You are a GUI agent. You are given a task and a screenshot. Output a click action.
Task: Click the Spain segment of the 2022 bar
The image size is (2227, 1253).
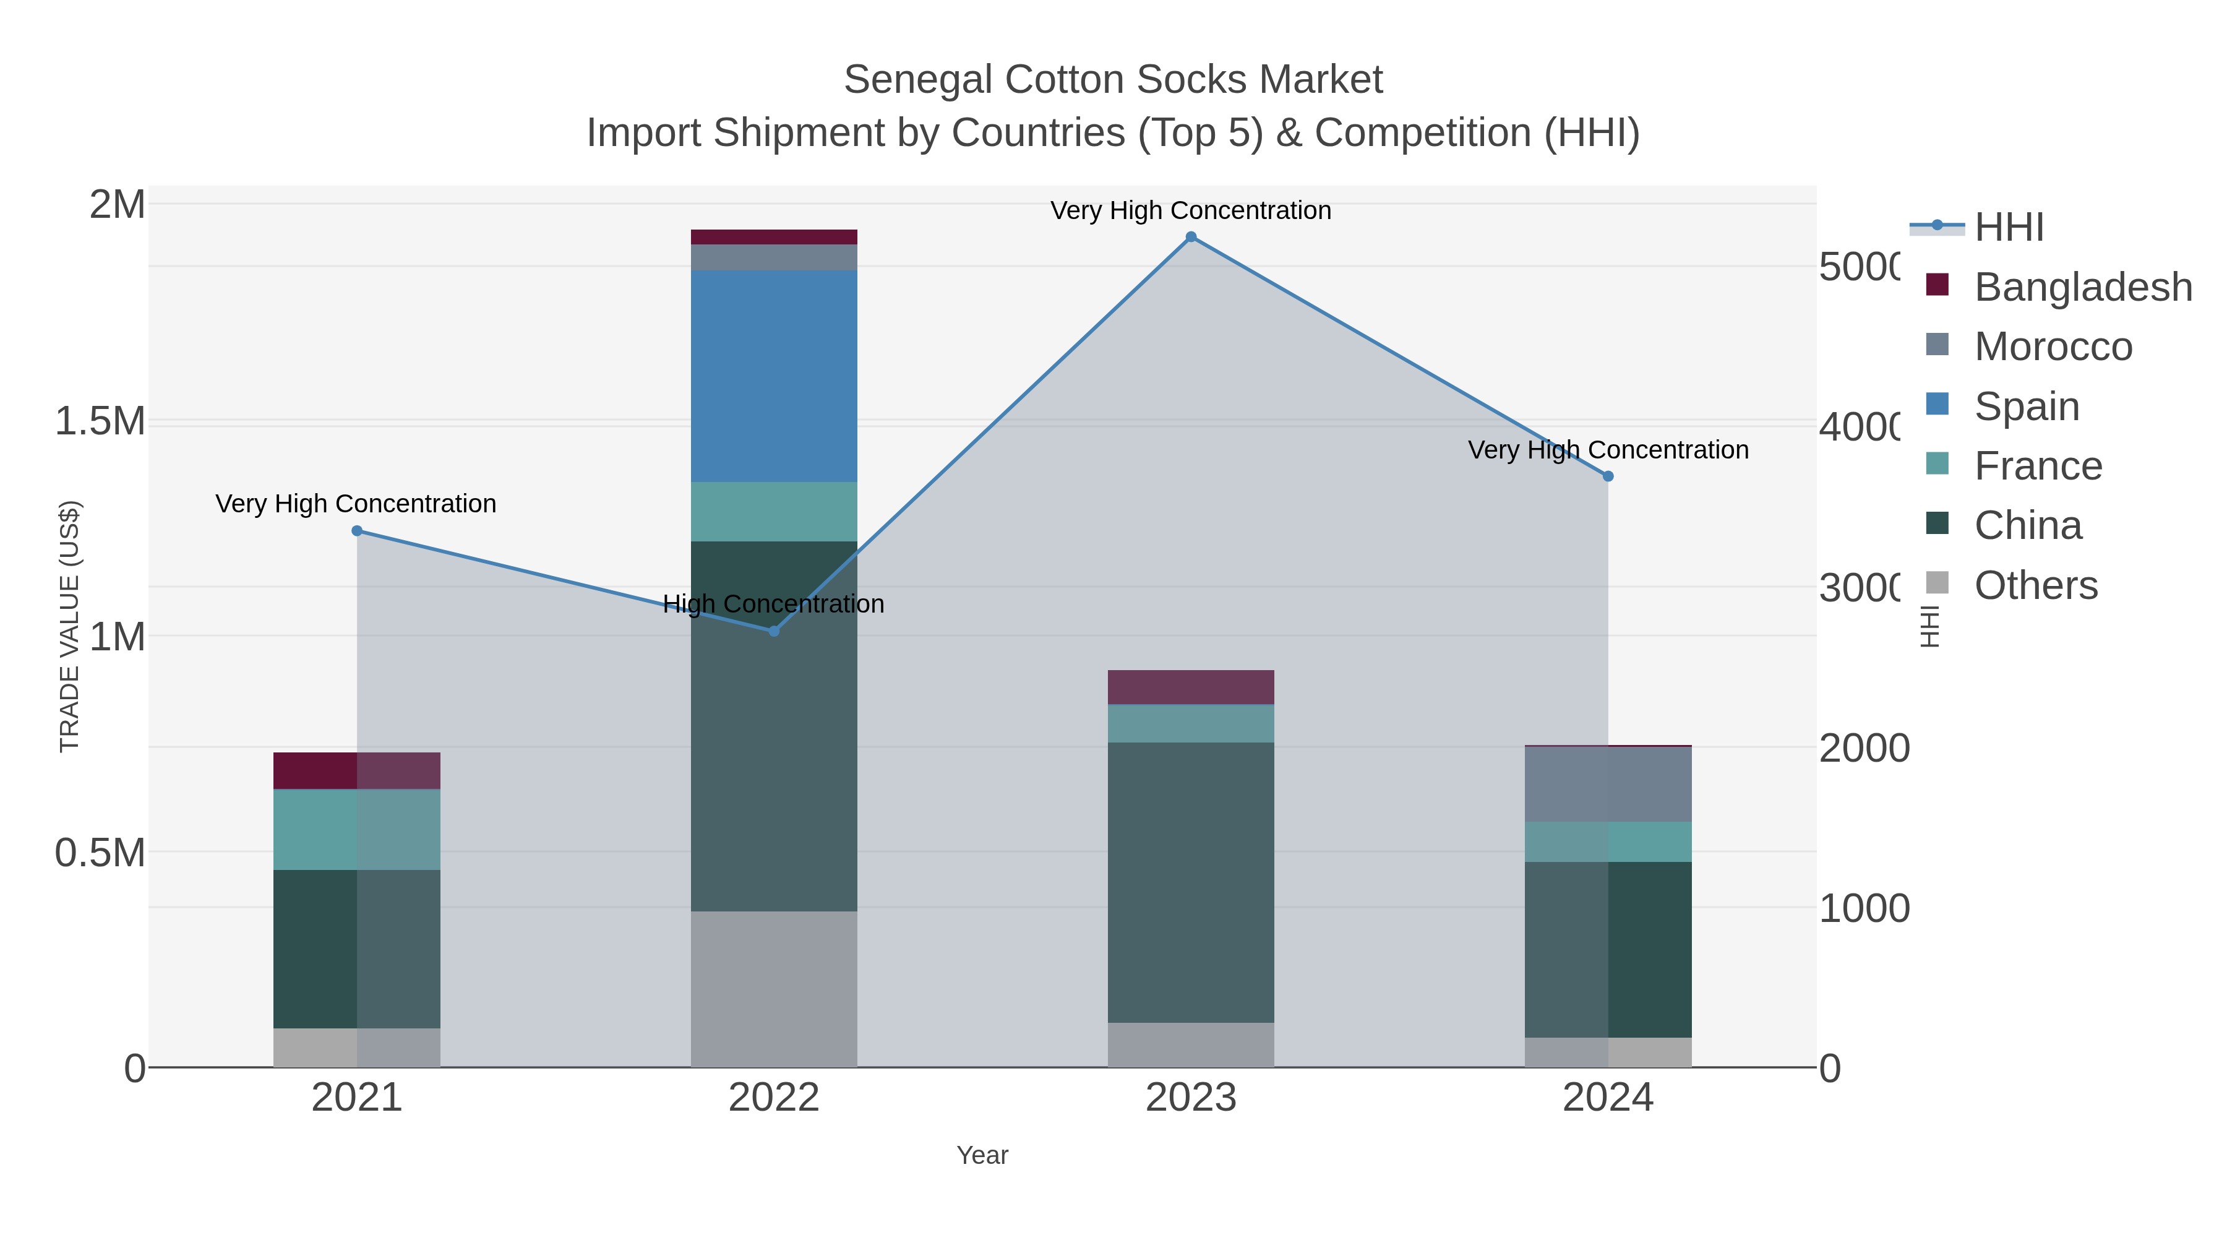click(x=774, y=376)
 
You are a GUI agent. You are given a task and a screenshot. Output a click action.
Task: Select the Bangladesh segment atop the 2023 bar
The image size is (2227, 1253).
click(x=1190, y=687)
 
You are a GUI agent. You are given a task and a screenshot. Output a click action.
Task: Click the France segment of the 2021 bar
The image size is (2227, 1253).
click(x=356, y=829)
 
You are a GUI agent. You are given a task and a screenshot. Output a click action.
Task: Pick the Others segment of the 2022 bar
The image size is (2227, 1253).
click(x=774, y=988)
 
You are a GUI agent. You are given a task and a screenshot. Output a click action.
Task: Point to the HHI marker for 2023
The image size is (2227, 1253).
click(x=1190, y=237)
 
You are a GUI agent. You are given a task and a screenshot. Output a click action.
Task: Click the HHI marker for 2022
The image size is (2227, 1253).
click(x=774, y=631)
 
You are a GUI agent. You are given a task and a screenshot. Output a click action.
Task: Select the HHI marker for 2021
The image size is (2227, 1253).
click(x=357, y=531)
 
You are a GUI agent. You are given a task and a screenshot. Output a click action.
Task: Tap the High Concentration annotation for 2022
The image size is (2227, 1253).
click(x=774, y=603)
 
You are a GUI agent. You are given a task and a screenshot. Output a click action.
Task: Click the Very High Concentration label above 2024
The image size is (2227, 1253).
click(x=1608, y=450)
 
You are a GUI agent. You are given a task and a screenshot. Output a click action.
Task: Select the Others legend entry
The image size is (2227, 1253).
click(x=2035, y=585)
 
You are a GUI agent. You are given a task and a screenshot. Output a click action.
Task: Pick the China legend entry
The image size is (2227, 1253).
click(x=2027, y=526)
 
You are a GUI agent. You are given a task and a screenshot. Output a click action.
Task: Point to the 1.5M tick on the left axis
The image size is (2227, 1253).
click(x=100, y=422)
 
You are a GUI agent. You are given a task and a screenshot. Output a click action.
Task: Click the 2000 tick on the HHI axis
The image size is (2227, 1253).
click(x=1863, y=749)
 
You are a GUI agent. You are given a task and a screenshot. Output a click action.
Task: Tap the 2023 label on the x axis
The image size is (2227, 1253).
click(x=1190, y=1098)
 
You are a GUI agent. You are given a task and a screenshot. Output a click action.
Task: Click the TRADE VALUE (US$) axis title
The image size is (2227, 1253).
click(x=69, y=627)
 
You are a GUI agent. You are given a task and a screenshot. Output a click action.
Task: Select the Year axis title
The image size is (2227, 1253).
click(x=982, y=1155)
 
